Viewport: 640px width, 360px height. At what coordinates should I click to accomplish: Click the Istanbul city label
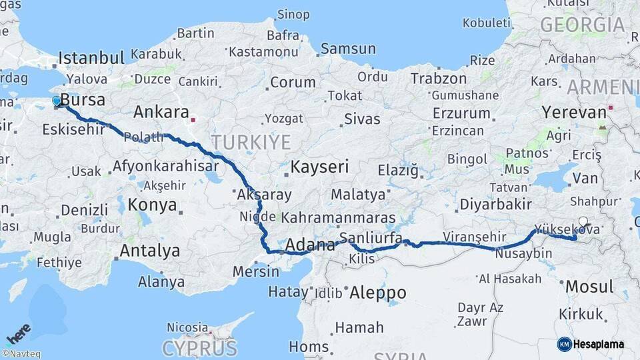[x=91, y=57]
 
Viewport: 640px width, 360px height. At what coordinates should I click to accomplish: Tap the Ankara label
[x=161, y=111]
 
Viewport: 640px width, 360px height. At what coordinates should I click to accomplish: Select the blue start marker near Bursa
[x=57, y=101]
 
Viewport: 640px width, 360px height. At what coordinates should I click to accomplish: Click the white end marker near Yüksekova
[x=583, y=222]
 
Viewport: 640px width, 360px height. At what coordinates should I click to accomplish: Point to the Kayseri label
[x=319, y=167]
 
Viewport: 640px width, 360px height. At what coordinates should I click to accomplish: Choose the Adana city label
[x=309, y=245]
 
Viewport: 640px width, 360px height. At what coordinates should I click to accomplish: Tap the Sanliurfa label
[x=371, y=238]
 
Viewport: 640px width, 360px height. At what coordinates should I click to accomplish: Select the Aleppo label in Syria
[x=377, y=292]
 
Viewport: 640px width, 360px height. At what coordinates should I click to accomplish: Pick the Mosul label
[x=589, y=287]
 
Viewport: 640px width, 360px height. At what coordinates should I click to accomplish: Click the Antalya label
[x=150, y=251]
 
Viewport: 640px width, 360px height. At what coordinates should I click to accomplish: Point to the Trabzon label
[x=438, y=79]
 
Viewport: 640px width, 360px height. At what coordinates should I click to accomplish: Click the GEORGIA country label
[x=582, y=25]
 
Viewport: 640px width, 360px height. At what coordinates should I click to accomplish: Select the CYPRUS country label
[x=199, y=347]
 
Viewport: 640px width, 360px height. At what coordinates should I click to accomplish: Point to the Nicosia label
[x=187, y=327]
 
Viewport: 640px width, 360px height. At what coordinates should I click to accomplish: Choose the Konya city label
[x=153, y=205]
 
